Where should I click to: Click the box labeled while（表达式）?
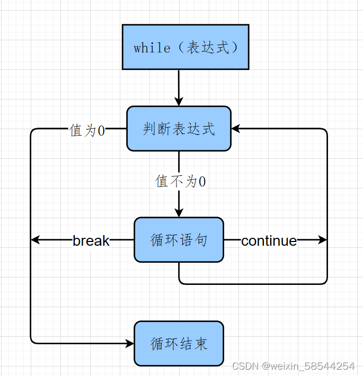pos(185,47)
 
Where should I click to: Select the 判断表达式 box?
pos(179,129)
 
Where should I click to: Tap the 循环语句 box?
pos(179,240)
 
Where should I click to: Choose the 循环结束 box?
pos(179,344)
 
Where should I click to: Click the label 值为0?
pos(87,130)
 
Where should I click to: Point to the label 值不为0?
pos(180,182)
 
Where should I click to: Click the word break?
pos(91,241)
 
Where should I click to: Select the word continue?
pos(269,241)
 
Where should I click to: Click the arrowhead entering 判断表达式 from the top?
pos(179,101)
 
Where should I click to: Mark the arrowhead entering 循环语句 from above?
pos(179,212)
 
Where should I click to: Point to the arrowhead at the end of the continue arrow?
pos(323,240)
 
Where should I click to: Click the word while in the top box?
pos(152,48)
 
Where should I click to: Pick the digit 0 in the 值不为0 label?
pos(202,182)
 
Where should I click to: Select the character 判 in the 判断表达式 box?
pos(149,129)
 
